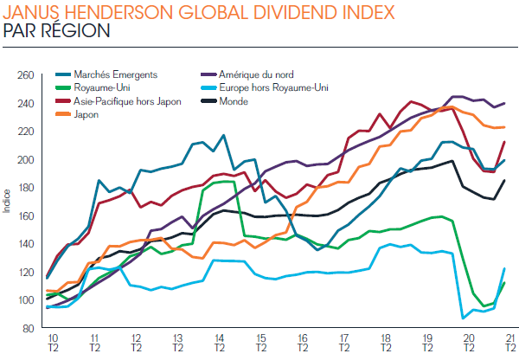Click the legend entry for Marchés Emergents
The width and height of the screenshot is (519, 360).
pyautogui.click(x=109, y=75)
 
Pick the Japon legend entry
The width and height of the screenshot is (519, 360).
pyautogui.click(x=87, y=114)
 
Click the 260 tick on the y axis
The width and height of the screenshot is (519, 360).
pyautogui.click(x=26, y=76)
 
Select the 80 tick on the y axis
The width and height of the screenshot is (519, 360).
pyautogui.click(x=29, y=328)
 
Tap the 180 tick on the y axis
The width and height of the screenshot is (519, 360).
pyautogui.click(x=26, y=188)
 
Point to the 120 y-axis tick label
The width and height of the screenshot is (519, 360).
pyautogui.click(x=26, y=272)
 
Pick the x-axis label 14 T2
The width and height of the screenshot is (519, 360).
pyautogui.click(x=220, y=341)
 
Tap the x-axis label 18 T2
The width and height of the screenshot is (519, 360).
pyautogui.click(x=386, y=341)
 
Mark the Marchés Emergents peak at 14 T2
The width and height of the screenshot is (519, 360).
pyautogui.click(x=223, y=136)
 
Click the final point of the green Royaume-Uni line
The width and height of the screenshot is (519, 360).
pyautogui.click(x=504, y=283)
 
